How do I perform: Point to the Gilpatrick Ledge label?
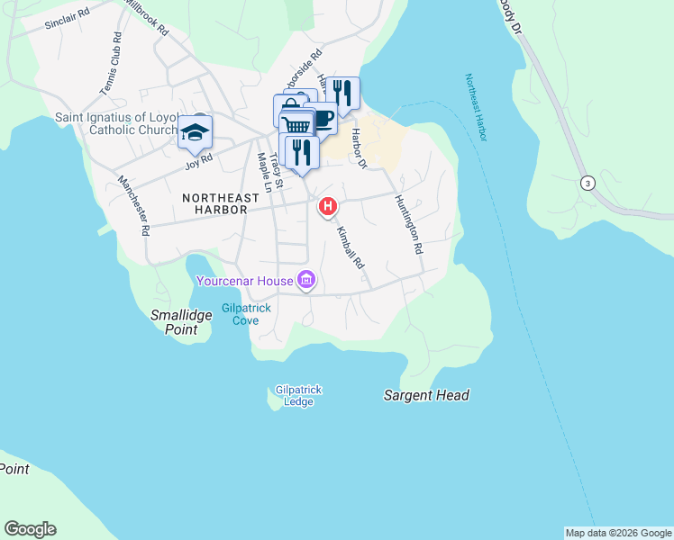[299, 395]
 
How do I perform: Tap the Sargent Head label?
[426, 395]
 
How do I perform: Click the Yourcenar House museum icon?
[306, 281]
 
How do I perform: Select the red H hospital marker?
[328, 207]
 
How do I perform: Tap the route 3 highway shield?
[588, 184]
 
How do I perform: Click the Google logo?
[30, 529]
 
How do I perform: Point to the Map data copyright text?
[617, 533]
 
